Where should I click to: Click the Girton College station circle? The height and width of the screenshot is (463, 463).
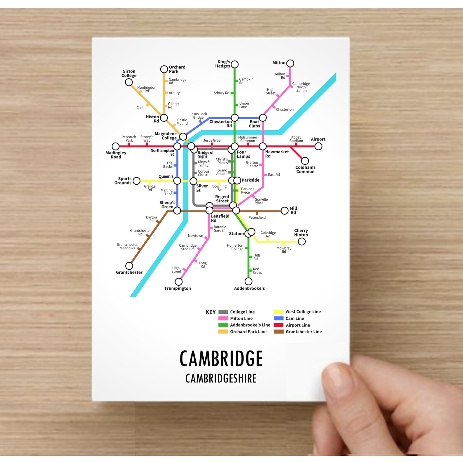pos(129,82)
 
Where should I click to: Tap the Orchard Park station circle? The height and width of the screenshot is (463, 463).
pos(164,69)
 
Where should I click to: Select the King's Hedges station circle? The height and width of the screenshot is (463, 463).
pos(235,64)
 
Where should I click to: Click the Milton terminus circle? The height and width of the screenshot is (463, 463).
pos(290,63)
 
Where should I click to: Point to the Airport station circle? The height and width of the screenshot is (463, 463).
pos(318,146)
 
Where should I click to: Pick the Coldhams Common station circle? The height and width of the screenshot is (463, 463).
pos(305,161)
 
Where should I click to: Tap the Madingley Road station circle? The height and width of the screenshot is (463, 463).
pos(115,146)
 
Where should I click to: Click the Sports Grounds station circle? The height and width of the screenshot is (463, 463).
pos(136,181)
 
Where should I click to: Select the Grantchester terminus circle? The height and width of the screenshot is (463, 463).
pos(129,266)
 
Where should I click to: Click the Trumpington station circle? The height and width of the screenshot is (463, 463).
pos(178,282)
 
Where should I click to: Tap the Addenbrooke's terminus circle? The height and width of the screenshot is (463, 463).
pos(248,281)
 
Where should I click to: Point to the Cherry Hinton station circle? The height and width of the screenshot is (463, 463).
pos(302,241)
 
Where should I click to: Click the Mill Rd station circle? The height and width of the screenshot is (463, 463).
pos(285,211)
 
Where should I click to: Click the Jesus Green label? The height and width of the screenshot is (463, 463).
pos(213,141)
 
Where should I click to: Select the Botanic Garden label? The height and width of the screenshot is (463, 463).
pos(220,229)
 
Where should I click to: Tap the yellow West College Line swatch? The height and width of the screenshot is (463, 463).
pos(278,312)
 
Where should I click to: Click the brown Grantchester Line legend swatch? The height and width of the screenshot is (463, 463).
pos(278,332)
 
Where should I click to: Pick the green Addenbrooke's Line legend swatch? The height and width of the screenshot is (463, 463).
pos(223,325)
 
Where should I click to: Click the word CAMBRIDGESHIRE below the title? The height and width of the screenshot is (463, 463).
pos(221,378)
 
